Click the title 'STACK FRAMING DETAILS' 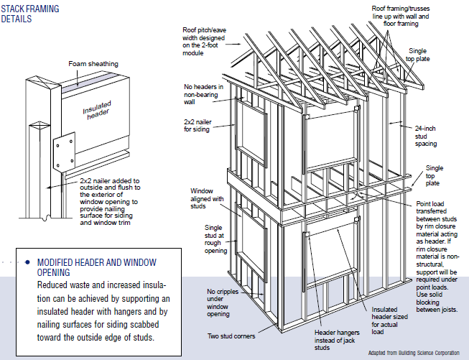31,14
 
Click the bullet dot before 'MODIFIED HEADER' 27,263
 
